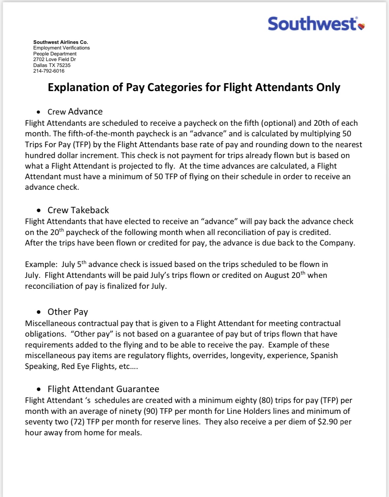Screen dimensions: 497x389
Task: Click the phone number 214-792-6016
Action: tap(49, 71)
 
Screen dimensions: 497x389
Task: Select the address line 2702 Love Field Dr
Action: tap(54, 59)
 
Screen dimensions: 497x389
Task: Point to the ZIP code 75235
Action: tap(63, 65)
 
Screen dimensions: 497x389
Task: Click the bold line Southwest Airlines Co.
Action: tap(60, 42)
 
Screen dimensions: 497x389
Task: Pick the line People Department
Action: tap(55, 53)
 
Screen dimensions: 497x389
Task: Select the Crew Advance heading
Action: tap(75, 112)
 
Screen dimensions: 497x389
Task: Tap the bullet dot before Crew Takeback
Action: tap(39, 210)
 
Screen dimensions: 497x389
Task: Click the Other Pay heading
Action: tap(68, 312)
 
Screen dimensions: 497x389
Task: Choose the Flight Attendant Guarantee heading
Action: tap(103, 389)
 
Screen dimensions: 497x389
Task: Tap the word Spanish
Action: tap(324, 355)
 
